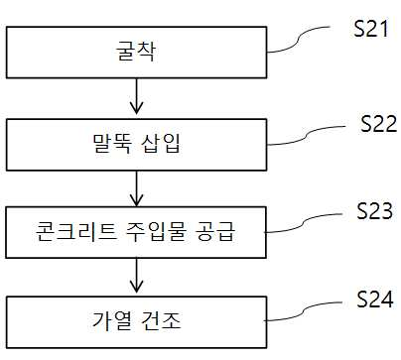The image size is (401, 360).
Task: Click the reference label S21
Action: click(370, 29)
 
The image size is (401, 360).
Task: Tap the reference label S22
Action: click(378, 124)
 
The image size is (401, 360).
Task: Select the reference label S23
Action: click(375, 210)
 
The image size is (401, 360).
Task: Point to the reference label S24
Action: click(375, 300)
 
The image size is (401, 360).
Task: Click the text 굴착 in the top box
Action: click(136, 52)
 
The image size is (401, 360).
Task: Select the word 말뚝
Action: click(111, 144)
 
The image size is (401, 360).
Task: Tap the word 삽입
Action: click(161, 144)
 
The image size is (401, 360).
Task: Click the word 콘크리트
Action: click(75, 231)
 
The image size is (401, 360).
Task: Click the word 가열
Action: click(111, 320)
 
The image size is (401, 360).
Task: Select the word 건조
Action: click(161, 320)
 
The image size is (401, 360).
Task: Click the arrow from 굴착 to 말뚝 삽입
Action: click(136, 96)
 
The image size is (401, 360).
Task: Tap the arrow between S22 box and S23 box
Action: click(136, 188)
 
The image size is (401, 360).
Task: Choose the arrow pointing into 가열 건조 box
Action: click(136, 276)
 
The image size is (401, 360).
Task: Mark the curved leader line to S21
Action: click(299, 40)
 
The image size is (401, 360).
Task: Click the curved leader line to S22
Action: click(307, 135)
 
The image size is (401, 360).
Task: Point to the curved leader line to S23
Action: click(304, 223)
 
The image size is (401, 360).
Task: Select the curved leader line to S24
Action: click(304, 311)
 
